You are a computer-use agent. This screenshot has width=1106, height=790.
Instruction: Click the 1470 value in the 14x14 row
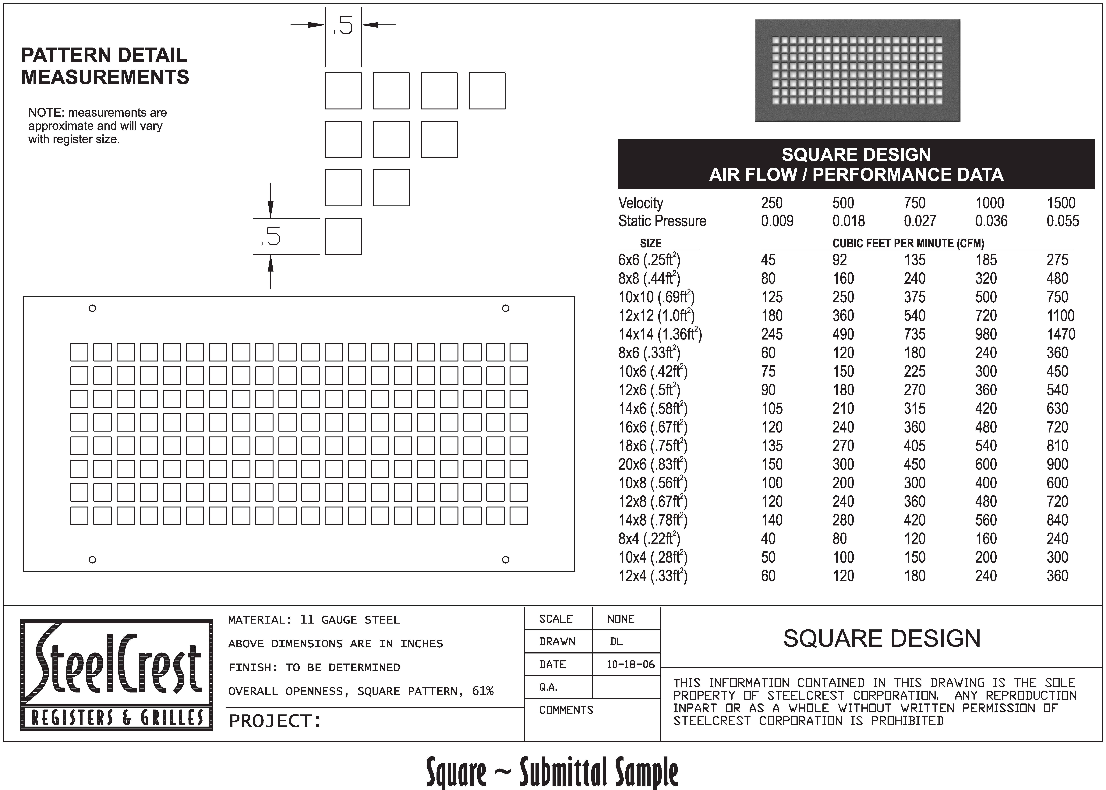tap(1061, 334)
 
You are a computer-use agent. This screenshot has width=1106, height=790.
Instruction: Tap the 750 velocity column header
tap(914, 203)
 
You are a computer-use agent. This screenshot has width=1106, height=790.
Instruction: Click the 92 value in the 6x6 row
tap(839, 260)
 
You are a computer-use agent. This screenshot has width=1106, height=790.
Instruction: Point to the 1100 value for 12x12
tap(1060, 316)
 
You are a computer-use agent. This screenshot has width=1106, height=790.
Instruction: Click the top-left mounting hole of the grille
tap(92, 308)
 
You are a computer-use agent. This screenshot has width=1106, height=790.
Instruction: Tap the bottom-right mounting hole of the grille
tap(506, 559)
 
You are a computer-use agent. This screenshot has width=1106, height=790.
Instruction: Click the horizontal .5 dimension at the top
tap(343, 25)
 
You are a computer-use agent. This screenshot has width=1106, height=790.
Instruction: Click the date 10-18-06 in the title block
tap(630, 664)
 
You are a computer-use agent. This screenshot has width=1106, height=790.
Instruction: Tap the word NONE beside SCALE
tap(621, 619)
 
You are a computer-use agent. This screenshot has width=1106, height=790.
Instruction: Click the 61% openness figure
tap(482, 691)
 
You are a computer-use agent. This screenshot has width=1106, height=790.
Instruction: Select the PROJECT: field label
tap(275, 721)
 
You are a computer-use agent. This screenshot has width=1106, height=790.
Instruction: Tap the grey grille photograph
tap(857, 71)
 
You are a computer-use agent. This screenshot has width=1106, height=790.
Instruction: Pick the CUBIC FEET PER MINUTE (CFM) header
tap(908, 243)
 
